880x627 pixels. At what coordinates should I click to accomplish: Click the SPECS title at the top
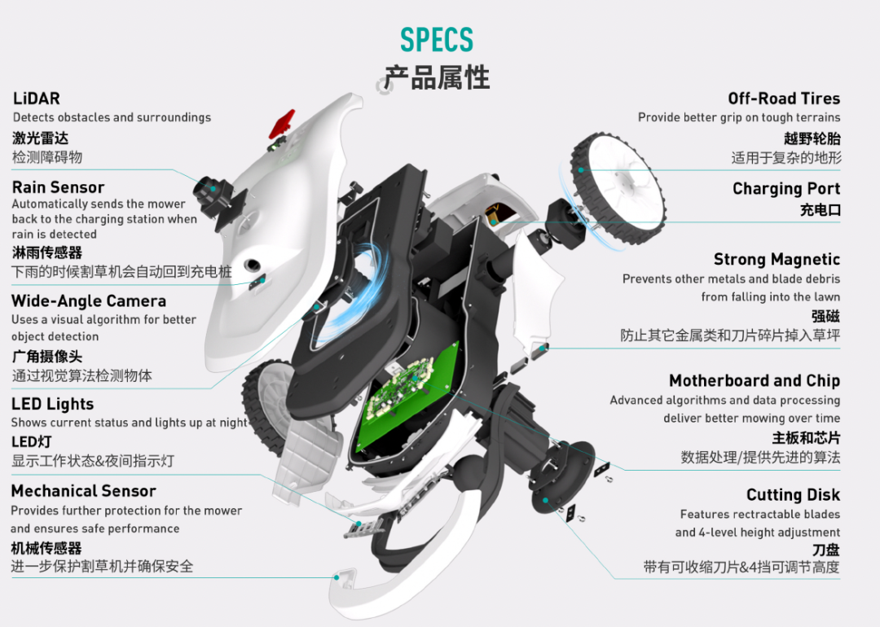(436, 40)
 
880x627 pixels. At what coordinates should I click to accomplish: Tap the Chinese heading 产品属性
(437, 77)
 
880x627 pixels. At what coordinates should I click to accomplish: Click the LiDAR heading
(37, 99)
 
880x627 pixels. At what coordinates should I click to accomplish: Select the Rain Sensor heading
(58, 187)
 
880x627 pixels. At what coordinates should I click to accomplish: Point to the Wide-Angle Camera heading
(89, 301)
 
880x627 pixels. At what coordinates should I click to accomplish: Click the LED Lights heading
(52, 404)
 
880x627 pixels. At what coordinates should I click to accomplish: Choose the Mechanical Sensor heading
(83, 491)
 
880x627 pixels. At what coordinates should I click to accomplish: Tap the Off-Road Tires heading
(784, 99)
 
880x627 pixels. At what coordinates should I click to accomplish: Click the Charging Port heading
(786, 189)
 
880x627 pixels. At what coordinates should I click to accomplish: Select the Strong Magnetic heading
(777, 260)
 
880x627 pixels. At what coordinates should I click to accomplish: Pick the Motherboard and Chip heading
(754, 380)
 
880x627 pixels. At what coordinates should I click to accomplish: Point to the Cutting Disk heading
(793, 495)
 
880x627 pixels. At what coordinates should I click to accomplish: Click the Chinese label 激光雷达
(40, 138)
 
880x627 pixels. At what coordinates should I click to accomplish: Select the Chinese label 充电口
(820, 210)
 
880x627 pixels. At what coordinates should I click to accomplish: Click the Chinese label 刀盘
(826, 550)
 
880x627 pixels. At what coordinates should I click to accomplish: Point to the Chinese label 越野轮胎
(812, 138)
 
